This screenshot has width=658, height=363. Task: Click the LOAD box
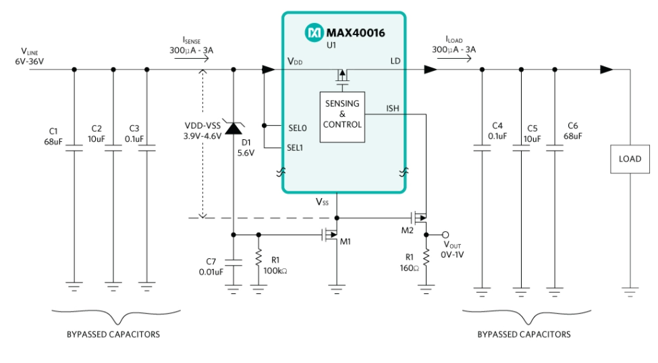coord(630,160)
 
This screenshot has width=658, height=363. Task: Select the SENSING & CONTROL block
coord(342,115)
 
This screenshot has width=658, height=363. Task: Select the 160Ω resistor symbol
coord(426,258)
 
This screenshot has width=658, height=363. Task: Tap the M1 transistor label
coord(346,241)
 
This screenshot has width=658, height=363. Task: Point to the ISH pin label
coord(392,107)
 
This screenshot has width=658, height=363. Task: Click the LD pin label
coord(395,62)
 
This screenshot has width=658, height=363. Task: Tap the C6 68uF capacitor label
coord(573,130)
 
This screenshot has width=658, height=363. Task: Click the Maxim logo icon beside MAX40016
coord(314,32)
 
